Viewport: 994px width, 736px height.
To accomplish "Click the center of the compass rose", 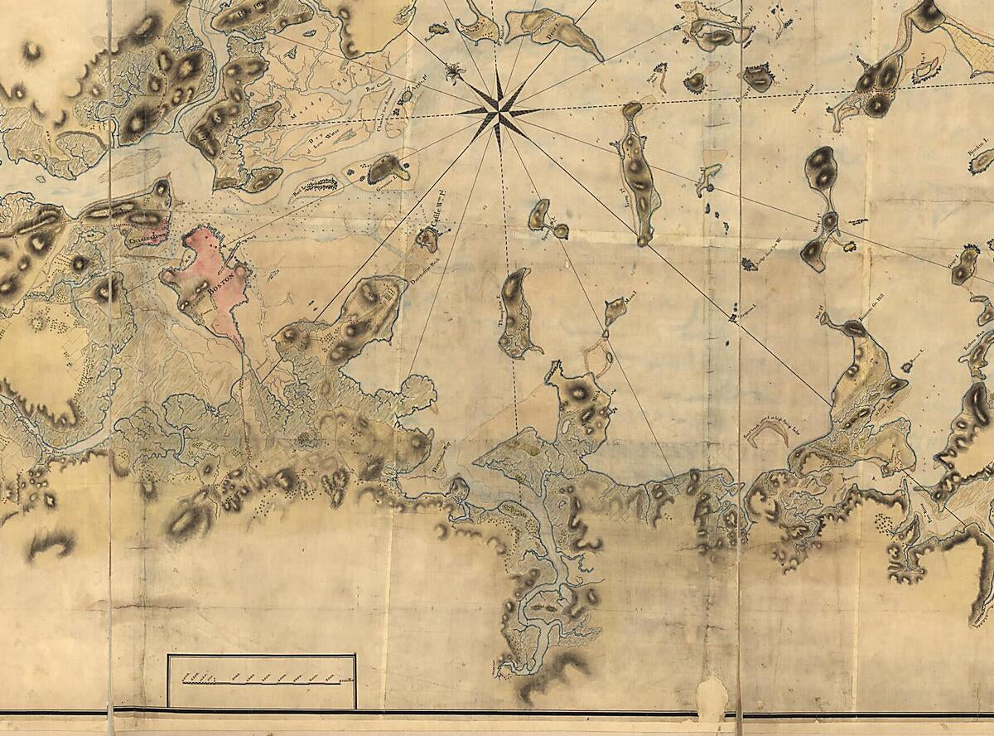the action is point(498,111).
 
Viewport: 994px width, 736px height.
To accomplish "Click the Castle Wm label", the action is point(442,218).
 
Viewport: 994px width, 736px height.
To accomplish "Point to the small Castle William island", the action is point(427,240).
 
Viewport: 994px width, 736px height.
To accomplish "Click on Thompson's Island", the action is point(518,315).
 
